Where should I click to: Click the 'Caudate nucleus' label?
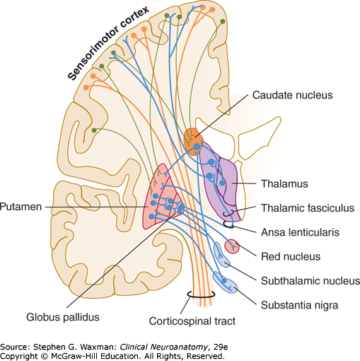(x=292, y=95)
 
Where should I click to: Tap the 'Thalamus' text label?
(x=284, y=184)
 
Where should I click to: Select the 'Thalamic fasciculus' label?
(x=308, y=208)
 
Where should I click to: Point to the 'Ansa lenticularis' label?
(x=300, y=232)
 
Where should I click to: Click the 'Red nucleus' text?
(x=291, y=256)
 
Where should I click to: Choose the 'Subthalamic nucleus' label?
(x=310, y=281)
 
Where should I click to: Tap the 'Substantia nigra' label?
(x=300, y=305)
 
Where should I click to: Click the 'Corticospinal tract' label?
(x=192, y=321)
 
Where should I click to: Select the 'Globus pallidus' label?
(x=63, y=317)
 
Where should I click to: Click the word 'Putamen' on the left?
(x=21, y=207)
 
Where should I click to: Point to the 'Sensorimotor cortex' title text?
(x=108, y=43)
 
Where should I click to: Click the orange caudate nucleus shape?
(x=193, y=142)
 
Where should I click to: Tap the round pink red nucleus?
(x=232, y=246)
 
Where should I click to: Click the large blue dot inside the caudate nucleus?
(x=197, y=147)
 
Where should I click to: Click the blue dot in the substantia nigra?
(x=224, y=281)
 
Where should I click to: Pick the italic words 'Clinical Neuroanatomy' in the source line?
(x=163, y=347)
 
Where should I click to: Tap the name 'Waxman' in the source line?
(x=97, y=347)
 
